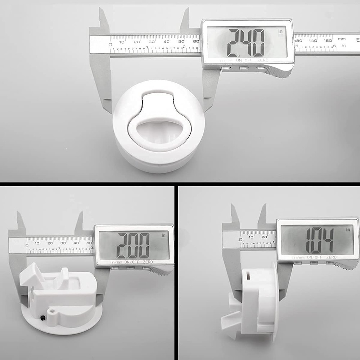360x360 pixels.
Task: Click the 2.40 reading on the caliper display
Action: click(246, 42)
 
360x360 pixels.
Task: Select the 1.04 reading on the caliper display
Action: click(319, 240)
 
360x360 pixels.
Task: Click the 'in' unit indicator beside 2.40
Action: click(281, 32)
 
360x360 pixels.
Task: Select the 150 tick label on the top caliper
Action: click(327, 41)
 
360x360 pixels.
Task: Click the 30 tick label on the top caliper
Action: click(152, 42)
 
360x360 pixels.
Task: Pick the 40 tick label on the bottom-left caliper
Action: click(76, 243)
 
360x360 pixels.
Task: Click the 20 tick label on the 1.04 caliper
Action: click(264, 237)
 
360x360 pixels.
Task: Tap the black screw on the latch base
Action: click(43, 317)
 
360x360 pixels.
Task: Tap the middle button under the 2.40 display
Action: click(244, 68)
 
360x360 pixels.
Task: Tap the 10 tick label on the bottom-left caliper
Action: click(37, 243)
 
